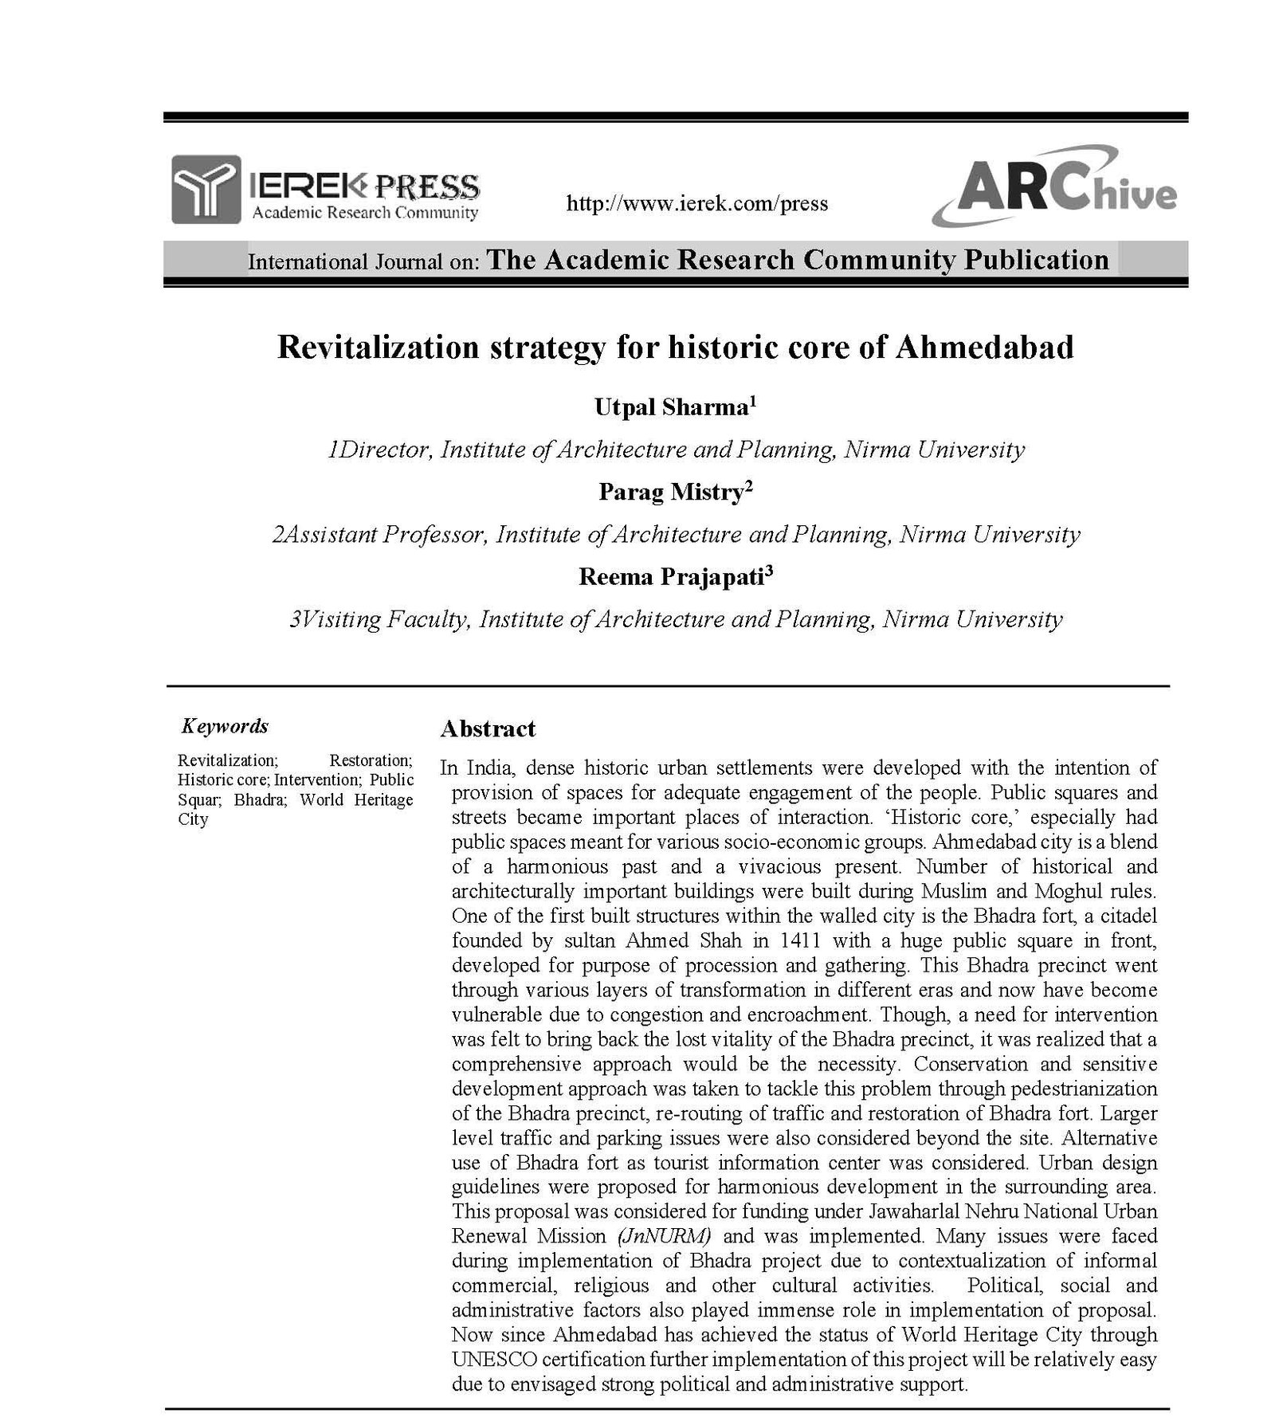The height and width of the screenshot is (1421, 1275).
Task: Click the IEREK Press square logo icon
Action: [x=206, y=189]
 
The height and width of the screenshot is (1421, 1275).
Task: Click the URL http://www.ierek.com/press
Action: [x=696, y=204]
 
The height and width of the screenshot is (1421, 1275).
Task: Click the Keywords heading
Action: [x=225, y=726]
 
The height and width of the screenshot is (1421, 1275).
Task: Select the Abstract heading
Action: [x=488, y=729]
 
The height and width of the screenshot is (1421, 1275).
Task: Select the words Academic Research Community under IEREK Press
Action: [x=365, y=213]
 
